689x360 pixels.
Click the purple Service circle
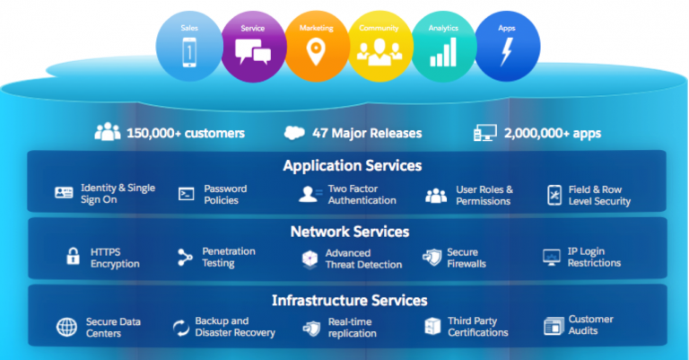254,47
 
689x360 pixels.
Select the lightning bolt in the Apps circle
507,52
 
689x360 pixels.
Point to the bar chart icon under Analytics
443,52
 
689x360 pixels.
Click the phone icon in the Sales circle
189,52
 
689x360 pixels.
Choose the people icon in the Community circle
379,52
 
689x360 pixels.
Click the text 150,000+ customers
186,133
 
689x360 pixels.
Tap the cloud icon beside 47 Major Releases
294,132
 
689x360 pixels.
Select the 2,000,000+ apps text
553,133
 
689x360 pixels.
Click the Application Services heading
353,166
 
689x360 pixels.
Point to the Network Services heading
350,232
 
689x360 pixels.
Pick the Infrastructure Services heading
350,300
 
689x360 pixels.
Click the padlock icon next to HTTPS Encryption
73,256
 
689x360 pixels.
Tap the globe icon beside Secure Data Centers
66,327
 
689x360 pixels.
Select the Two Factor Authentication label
362,194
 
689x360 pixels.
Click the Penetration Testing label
229,257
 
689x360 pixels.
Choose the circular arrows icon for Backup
180,328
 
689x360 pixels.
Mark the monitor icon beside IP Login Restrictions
552,257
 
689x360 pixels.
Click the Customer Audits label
590,325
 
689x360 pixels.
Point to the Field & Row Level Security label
599,196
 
